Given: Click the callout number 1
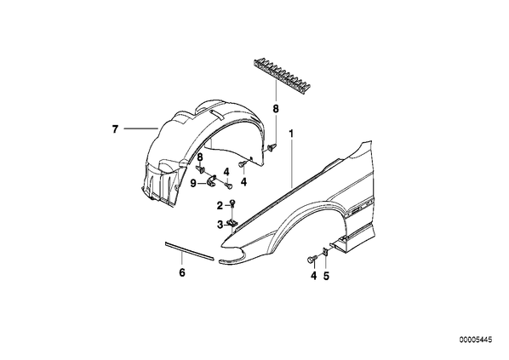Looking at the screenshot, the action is click(291, 133).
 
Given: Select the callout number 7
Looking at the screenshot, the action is click(115, 129).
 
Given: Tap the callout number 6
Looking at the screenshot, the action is click(182, 272).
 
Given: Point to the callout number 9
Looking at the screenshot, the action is click(193, 184).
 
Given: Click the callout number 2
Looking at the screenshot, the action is click(220, 205).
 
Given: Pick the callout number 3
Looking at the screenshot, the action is click(220, 225).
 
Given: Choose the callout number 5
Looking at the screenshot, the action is click(326, 276).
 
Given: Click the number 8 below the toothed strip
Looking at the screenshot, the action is click(276, 109).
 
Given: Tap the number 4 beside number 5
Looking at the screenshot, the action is click(313, 276).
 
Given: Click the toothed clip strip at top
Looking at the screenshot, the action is click(281, 77).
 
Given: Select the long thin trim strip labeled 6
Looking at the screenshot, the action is click(189, 251).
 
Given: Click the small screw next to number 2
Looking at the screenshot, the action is click(232, 203).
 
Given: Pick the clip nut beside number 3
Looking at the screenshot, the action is click(232, 223).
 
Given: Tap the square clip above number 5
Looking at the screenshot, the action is click(325, 252).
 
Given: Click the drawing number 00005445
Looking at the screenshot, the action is click(475, 340).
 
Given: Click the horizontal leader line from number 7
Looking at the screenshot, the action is click(141, 129).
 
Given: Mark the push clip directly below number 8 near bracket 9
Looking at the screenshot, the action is click(200, 169).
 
